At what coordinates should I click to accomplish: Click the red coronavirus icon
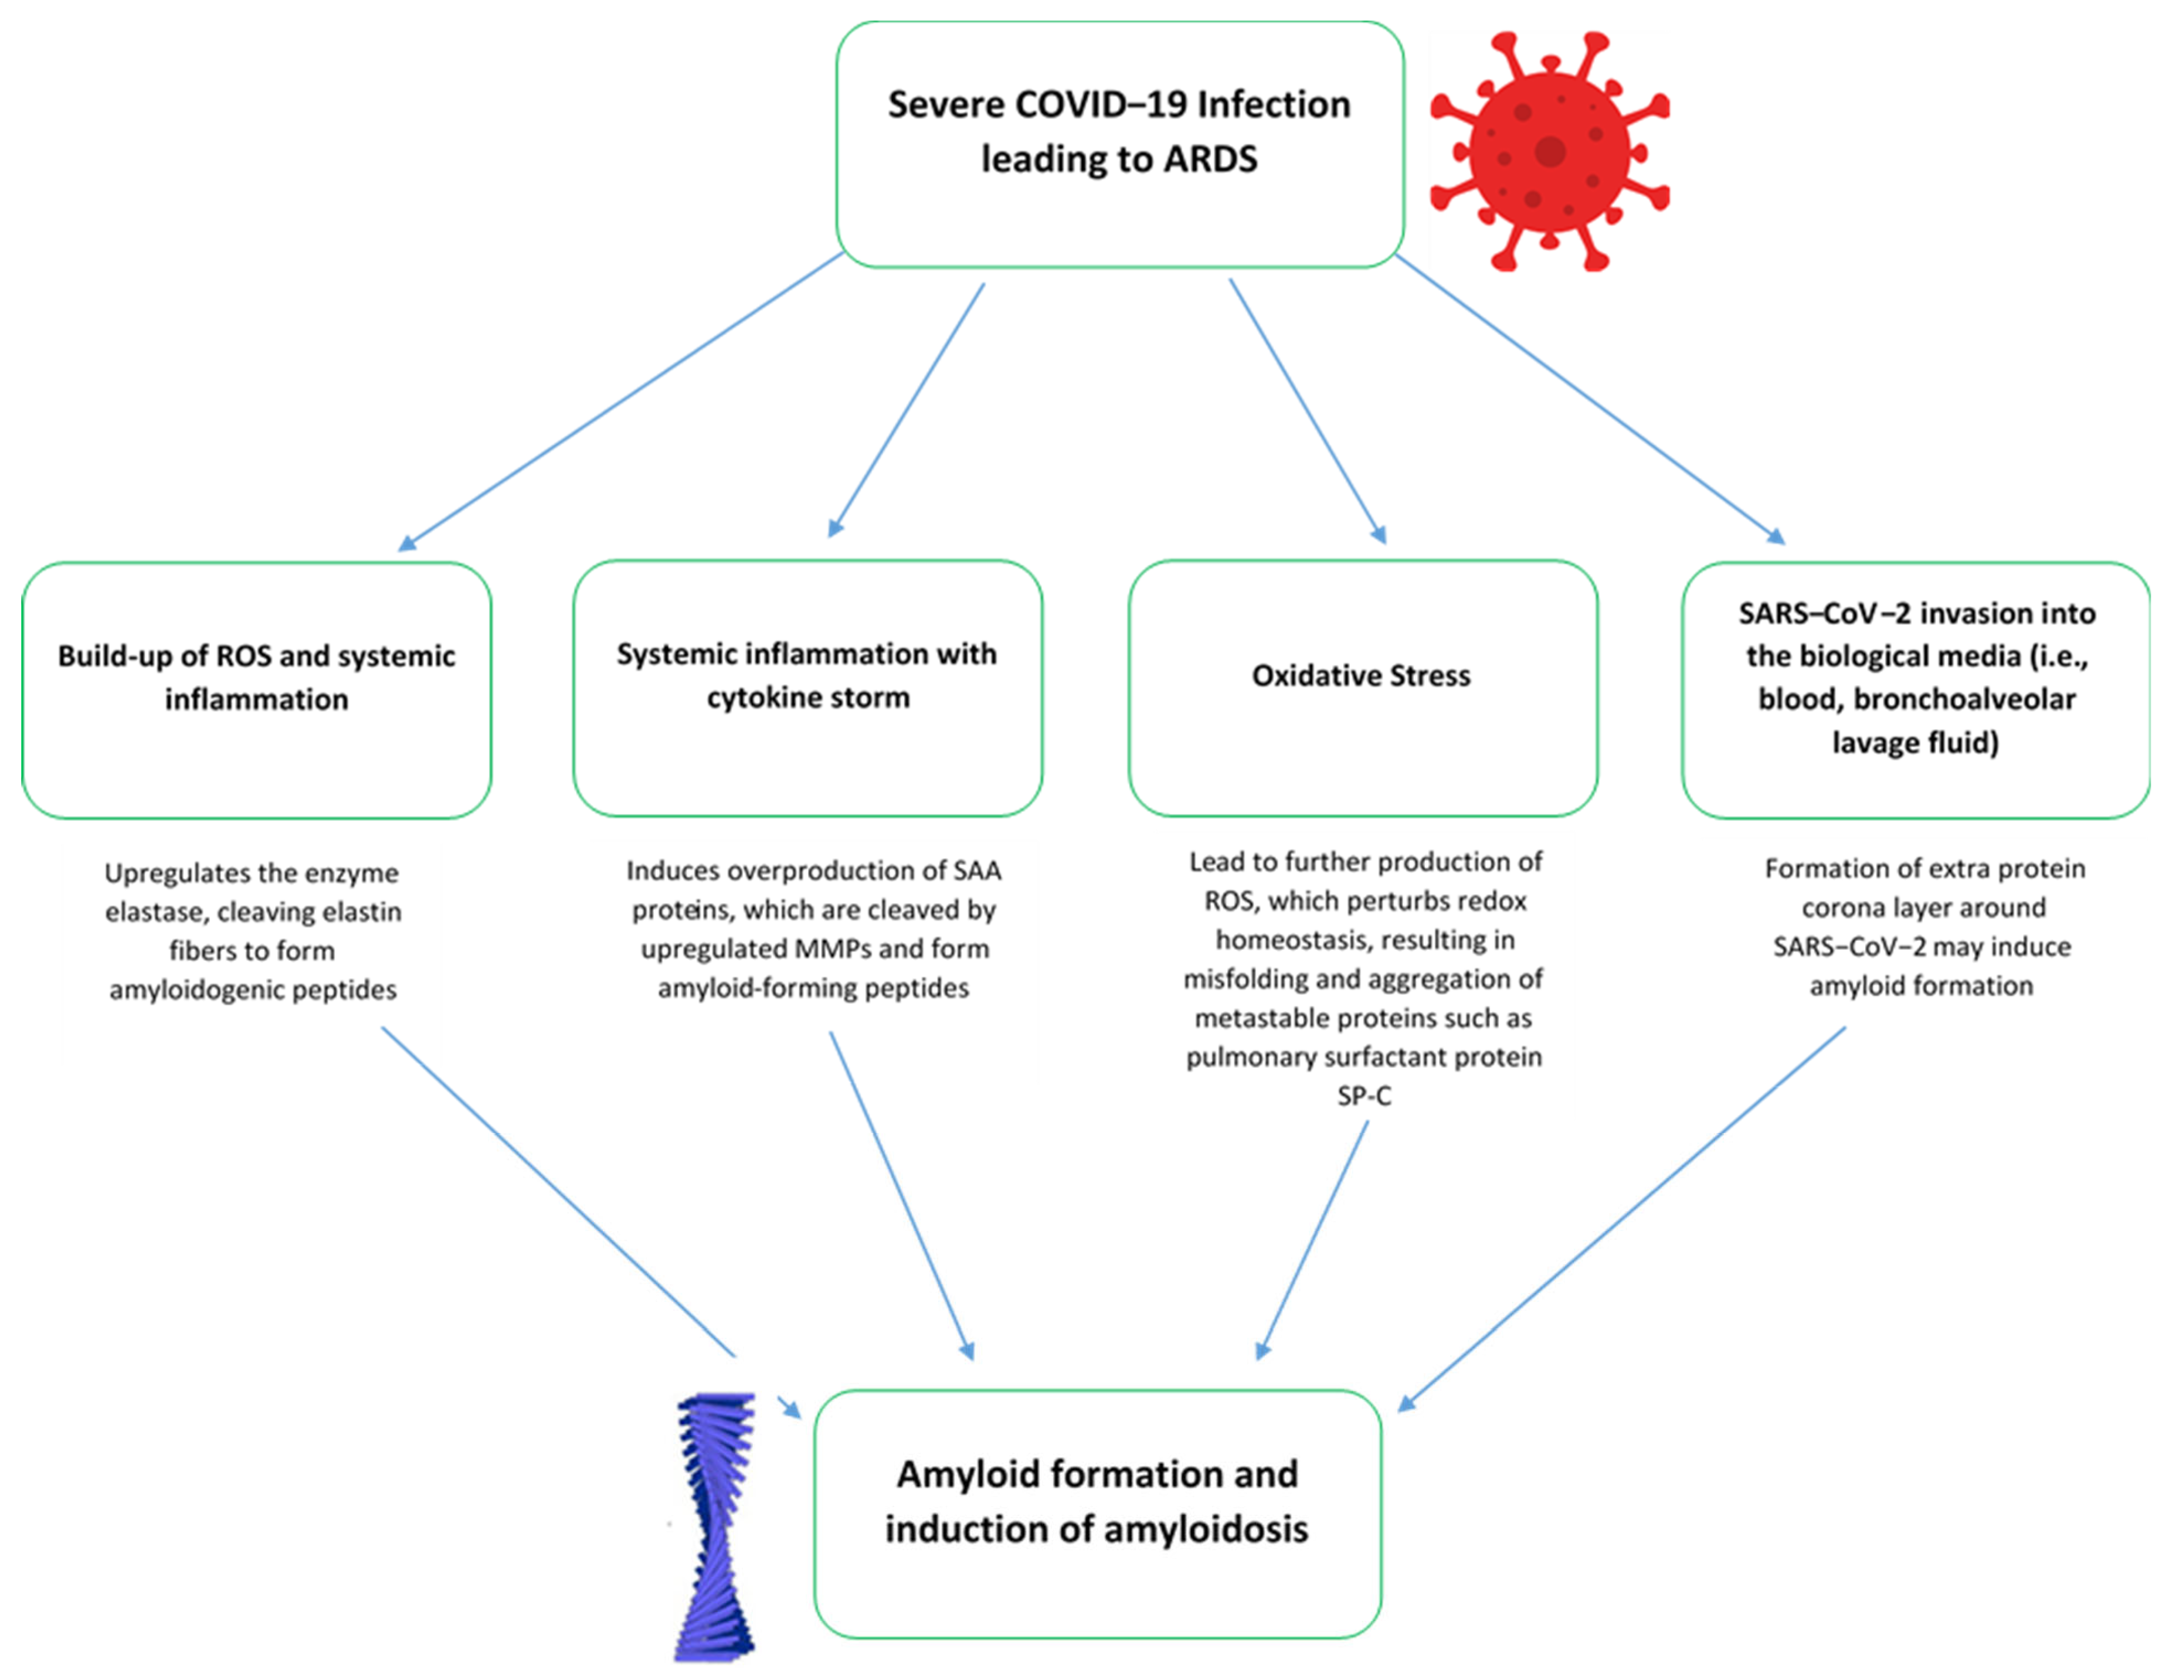tap(1549, 151)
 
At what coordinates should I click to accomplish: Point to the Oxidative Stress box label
tap(1360, 676)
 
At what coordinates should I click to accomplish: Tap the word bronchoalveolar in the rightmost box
tap(1964, 699)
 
